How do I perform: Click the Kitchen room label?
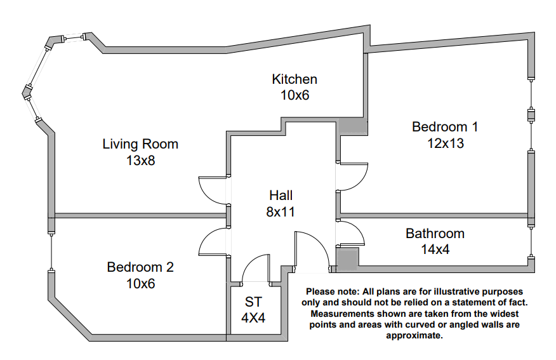coord(295,79)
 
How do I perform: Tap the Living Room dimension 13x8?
coord(141,161)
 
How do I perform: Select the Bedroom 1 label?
coord(445,126)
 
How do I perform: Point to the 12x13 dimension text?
coord(446,143)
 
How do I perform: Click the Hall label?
coord(281,196)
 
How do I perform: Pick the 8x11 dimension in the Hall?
coord(281,211)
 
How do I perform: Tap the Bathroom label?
coord(435,234)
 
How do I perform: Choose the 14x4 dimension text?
coord(435,250)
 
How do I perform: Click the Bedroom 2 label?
coord(140,267)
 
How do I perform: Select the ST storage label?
coord(253,302)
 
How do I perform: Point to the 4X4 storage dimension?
coord(253,318)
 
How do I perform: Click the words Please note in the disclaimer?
coord(332,291)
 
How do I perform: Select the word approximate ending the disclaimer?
coord(414,335)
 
